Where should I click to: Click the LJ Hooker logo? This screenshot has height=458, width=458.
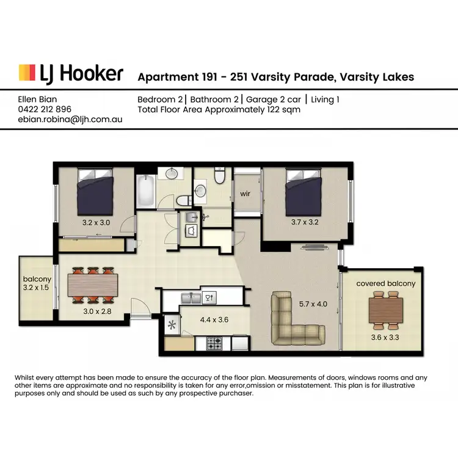coord(71,74)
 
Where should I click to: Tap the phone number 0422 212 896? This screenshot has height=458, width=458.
coord(45,109)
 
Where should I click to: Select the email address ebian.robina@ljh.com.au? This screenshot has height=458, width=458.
coord(70,120)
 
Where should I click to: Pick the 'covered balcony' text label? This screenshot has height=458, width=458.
coord(386,283)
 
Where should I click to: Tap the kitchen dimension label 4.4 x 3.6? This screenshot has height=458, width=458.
coord(214,319)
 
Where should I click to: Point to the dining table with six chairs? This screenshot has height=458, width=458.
coord(92,286)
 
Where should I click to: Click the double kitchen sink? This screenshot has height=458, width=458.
coord(191,298)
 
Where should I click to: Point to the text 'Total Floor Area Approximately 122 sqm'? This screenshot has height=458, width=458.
coord(219,109)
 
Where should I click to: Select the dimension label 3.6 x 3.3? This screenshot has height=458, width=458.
coord(386,335)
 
